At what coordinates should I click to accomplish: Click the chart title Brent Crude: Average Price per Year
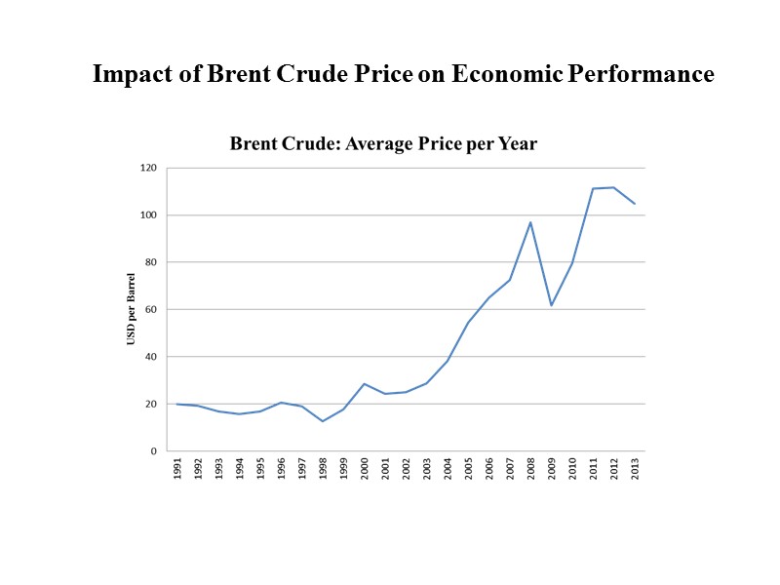(x=383, y=144)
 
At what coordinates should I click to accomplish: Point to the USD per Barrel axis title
(x=131, y=309)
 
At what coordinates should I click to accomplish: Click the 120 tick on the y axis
(x=148, y=168)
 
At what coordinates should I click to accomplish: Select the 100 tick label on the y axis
(x=148, y=214)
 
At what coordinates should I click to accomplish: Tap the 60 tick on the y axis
(x=150, y=309)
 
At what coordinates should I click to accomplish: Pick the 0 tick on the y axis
(x=153, y=451)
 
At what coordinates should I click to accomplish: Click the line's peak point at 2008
(x=530, y=222)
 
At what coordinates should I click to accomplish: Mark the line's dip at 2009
(x=552, y=305)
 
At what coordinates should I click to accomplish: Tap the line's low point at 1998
(x=322, y=421)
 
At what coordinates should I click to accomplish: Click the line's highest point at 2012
(x=613, y=187)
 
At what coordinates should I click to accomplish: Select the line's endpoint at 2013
(x=635, y=204)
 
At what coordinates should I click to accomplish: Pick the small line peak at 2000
(x=364, y=384)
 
